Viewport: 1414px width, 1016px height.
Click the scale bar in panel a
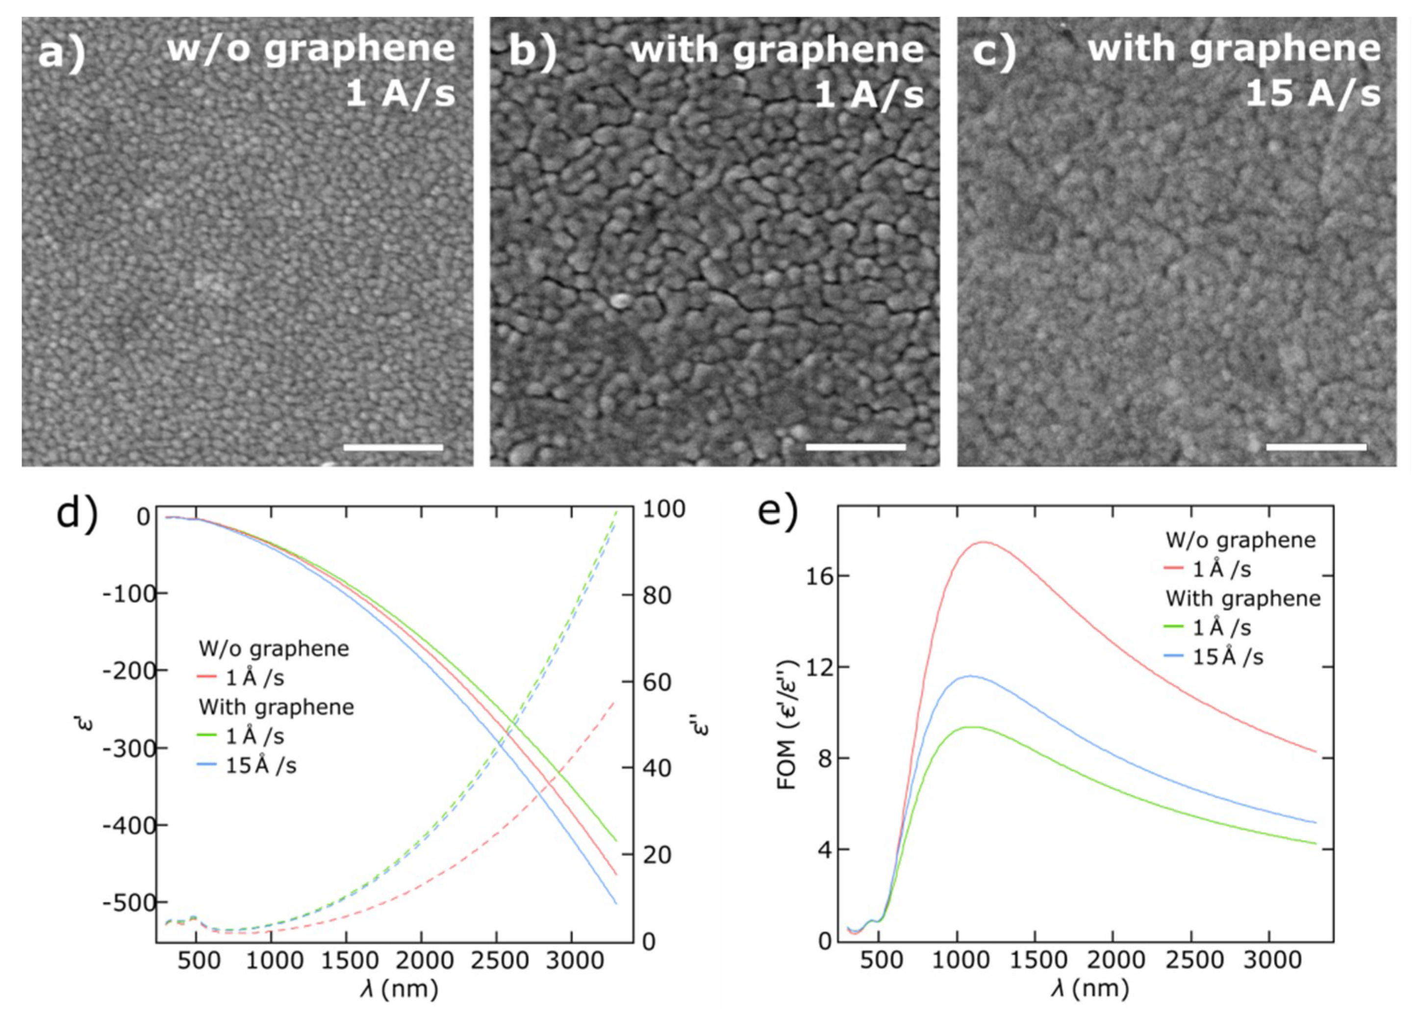point(393,447)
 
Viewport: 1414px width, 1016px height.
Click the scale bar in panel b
point(856,447)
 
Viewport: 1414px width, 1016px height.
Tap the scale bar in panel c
point(1316,447)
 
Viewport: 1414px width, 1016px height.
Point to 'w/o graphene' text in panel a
point(310,49)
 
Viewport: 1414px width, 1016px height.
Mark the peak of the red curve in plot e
point(985,542)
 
